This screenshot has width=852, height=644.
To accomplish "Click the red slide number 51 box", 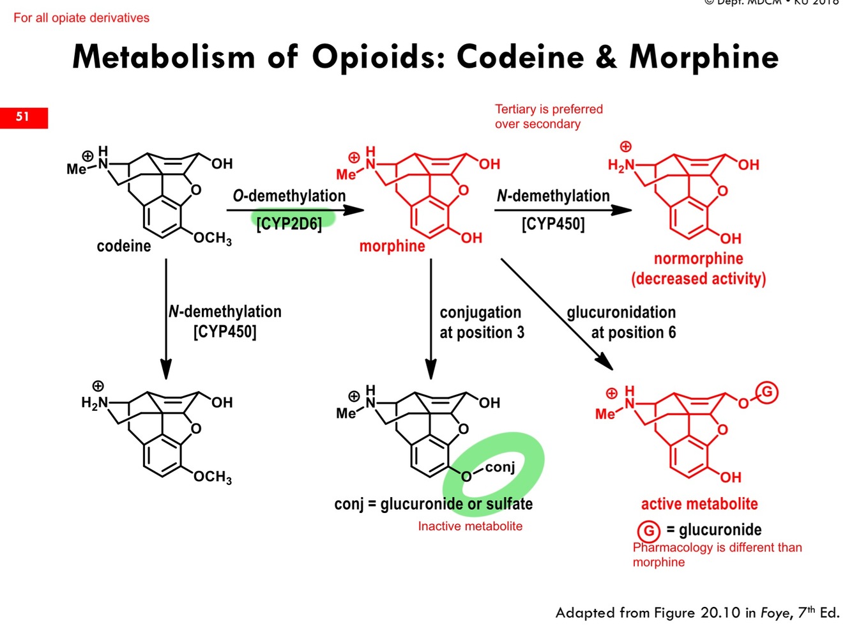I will pos(24,117).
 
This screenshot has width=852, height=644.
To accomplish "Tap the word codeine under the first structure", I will pos(124,246).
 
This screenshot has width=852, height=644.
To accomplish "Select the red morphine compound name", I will pos(392,246).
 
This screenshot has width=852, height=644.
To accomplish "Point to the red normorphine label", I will pos(698,259).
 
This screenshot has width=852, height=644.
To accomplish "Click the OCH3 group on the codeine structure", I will pos(213,238).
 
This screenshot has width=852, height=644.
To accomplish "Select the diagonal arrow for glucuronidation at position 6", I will pos(556,313).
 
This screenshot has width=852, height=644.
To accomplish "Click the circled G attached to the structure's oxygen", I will pos(767,392).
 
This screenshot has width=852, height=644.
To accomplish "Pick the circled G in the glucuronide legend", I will pos(648,531).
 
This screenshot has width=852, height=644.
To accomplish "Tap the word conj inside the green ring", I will pos(499,467).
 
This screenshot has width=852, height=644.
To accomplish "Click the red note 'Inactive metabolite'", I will pos(470,526).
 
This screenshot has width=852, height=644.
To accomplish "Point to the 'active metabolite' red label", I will pos(699,504).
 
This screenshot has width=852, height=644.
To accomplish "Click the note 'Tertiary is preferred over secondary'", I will pos(548,117).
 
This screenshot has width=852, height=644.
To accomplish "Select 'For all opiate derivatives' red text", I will pos(81,18).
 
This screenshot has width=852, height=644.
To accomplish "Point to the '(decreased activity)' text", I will pos(698,279).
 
